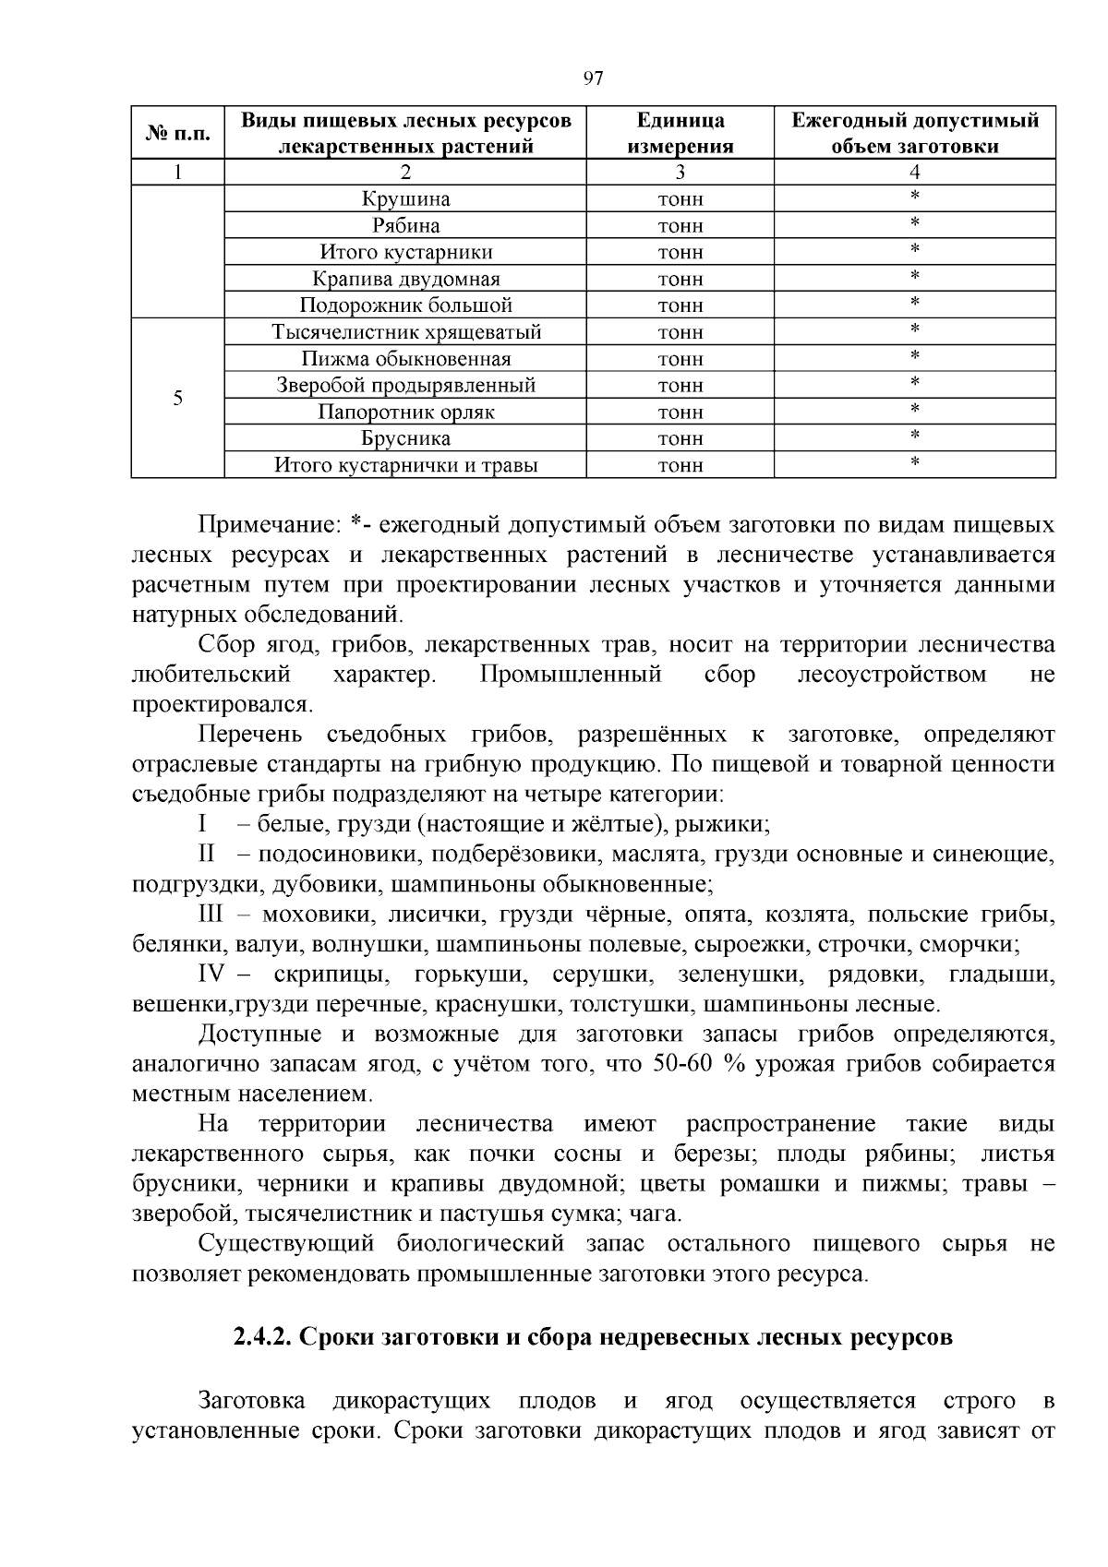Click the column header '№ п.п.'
click(x=178, y=134)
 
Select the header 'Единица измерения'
click(x=680, y=134)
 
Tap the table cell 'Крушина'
click(x=405, y=199)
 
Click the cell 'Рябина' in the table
click(x=405, y=226)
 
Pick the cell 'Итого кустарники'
click(x=405, y=253)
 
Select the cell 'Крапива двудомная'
click(x=405, y=280)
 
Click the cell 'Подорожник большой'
click(x=405, y=305)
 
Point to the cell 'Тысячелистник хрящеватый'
click(x=405, y=332)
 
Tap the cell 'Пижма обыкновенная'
click(x=405, y=359)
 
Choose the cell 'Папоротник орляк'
click(x=405, y=413)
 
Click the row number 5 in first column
click(x=178, y=399)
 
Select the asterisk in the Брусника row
click(x=914, y=436)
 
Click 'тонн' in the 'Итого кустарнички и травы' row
click(x=680, y=466)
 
